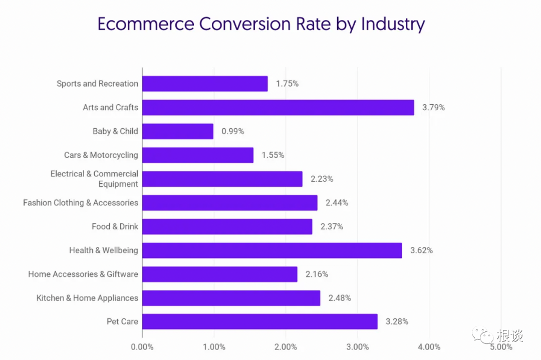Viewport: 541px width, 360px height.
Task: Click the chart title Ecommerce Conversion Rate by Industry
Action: (x=260, y=24)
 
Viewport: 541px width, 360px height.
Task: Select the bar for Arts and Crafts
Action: (x=278, y=107)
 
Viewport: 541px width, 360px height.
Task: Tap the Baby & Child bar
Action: (x=178, y=131)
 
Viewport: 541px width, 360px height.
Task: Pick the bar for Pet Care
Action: (x=259, y=321)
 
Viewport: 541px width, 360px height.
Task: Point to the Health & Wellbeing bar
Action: (x=272, y=250)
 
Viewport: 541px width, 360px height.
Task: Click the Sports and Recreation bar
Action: (x=205, y=84)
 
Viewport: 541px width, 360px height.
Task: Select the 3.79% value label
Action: (x=433, y=107)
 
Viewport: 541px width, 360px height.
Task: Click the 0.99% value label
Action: (x=233, y=131)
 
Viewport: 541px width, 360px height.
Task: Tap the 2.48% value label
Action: (x=340, y=298)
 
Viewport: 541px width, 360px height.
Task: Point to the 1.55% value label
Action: (x=273, y=155)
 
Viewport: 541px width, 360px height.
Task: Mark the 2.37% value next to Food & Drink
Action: (x=332, y=226)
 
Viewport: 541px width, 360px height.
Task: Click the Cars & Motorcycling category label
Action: (x=101, y=155)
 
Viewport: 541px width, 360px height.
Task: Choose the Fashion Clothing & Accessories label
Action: (x=81, y=203)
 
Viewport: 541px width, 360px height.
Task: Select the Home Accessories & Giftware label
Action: (x=83, y=274)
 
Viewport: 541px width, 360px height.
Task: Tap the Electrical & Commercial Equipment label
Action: (x=94, y=179)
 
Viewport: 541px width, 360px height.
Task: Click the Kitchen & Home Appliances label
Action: (x=87, y=298)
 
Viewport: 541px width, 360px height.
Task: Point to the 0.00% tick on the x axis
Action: (x=142, y=347)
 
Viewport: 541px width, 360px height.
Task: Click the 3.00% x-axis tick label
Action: (x=358, y=347)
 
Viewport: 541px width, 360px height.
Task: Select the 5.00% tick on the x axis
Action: (x=501, y=347)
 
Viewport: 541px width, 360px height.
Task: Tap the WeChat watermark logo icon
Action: (x=484, y=335)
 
